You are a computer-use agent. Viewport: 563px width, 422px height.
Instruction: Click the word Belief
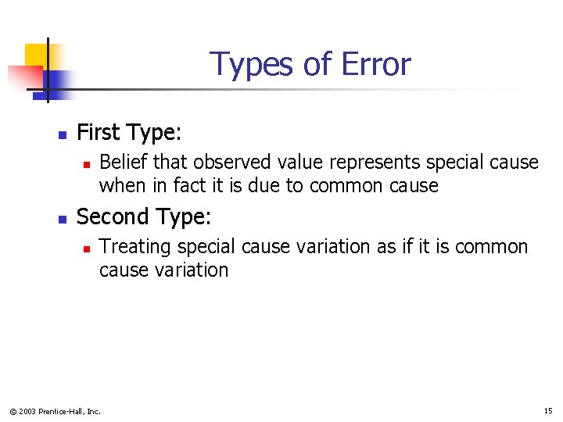(x=124, y=163)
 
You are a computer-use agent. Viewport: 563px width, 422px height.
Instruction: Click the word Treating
(x=136, y=247)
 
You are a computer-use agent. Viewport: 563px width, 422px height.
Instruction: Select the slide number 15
(x=547, y=410)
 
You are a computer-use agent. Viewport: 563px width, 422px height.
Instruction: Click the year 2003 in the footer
(x=28, y=411)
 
